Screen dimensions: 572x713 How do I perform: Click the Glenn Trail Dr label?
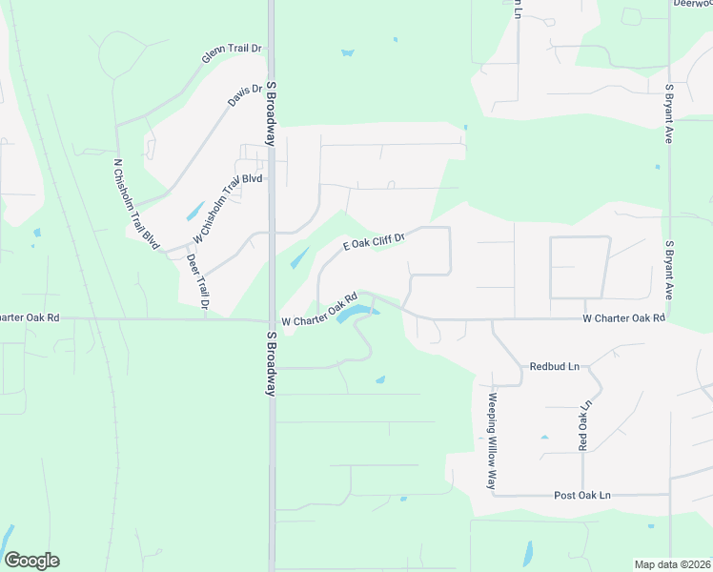tap(232, 53)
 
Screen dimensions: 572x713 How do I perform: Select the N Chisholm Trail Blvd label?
tap(135, 204)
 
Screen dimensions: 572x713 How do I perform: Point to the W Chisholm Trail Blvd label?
tap(227, 208)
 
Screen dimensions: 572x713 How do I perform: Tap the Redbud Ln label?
tap(554, 366)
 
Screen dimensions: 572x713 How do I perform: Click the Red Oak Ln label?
tap(585, 424)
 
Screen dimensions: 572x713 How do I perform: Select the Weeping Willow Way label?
tap(493, 441)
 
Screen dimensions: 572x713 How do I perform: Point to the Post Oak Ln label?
tap(582, 496)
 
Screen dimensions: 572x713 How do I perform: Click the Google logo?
tap(31, 561)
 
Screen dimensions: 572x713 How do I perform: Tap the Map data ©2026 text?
tap(672, 564)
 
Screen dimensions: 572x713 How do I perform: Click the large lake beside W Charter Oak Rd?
tap(356, 312)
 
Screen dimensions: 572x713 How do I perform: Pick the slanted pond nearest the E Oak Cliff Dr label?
tap(298, 257)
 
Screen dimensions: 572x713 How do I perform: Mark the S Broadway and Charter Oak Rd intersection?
tap(272, 319)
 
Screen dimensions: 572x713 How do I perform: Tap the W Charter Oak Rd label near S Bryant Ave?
tap(623, 317)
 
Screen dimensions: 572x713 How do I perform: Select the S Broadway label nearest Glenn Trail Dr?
tap(272, 113)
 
